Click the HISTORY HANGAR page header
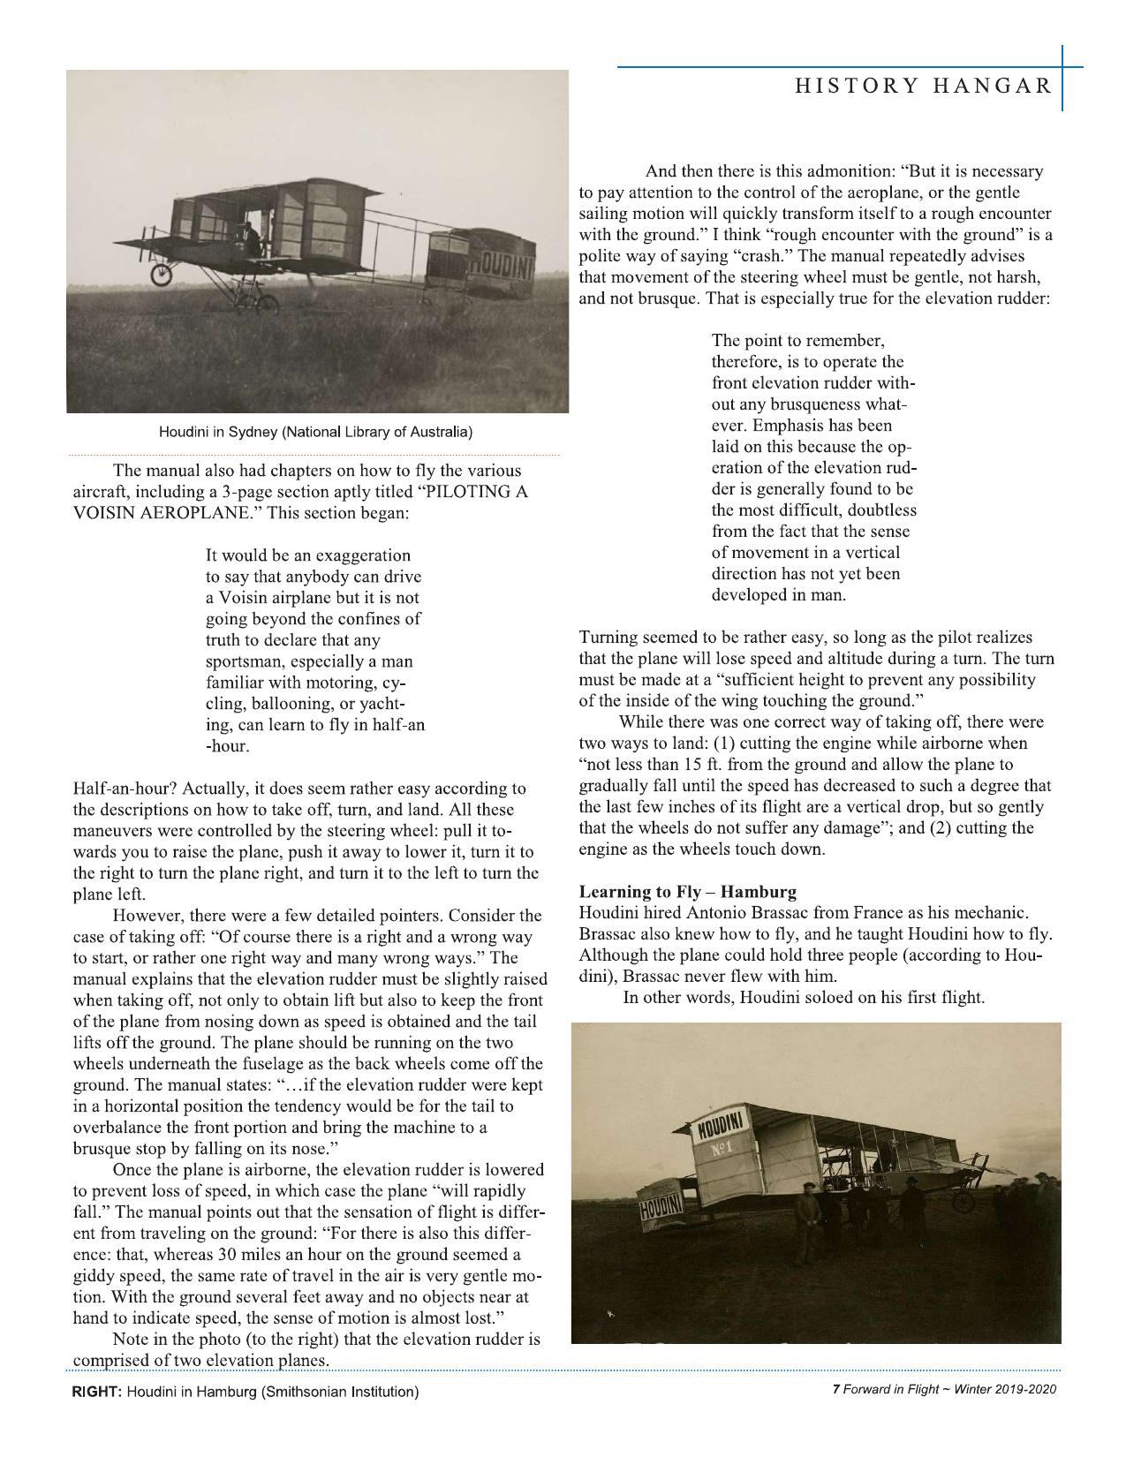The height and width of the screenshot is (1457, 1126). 923,86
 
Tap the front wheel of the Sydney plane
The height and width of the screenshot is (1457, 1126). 161,275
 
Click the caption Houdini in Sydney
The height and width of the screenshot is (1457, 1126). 315,433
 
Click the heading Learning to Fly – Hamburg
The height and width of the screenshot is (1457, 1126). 688,891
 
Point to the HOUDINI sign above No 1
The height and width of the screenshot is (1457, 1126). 722,1128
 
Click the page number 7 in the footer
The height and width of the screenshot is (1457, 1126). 835,1389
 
